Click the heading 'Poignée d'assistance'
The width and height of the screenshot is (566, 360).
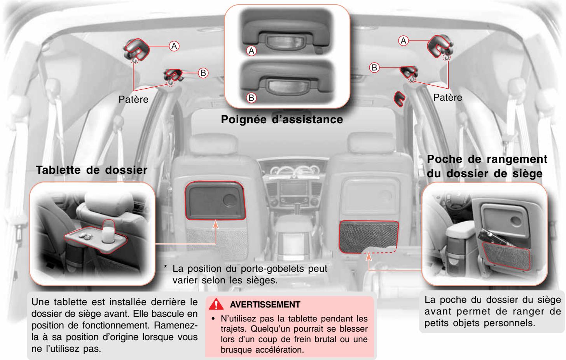pyautogui.click(x=282, y=119)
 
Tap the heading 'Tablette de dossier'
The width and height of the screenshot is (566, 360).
pyautogui.click(x=91, y=170)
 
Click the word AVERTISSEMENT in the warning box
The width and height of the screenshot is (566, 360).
pyautogui.click(x=265, y=304)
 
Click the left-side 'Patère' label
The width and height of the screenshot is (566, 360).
pyautogui.click(x=133, y=99)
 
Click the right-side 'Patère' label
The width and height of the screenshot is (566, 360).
pyautogui.click(x=448, y=97)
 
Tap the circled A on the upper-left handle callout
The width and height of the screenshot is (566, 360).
pyautogui.click(x=174, y=46)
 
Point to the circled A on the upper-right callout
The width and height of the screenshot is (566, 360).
pyautogui.click(x=404, y=40)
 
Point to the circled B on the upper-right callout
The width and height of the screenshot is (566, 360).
pyautogui.click(x=374, y=68)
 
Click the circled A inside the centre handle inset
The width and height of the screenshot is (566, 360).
pyautogui.click(x=252, y=51)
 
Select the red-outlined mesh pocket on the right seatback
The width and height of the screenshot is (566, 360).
pyautogui.click(x=367, y=236)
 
